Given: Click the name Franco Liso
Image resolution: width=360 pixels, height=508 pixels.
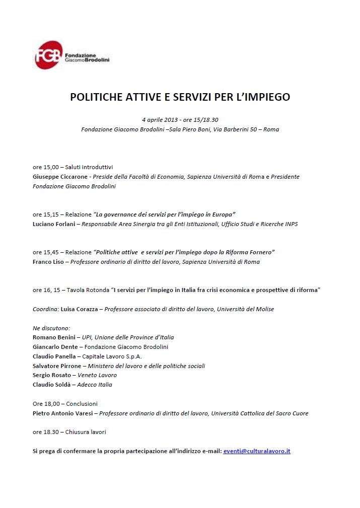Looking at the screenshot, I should click(x=48, y=262).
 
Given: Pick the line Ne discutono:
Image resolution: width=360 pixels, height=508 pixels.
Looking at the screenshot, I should click(x=51, y=328).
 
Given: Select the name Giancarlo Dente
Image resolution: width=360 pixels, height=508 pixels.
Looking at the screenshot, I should click(x=55, y=347).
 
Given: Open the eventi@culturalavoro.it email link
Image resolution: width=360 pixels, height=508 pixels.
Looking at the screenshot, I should click(x=257, y=451).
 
